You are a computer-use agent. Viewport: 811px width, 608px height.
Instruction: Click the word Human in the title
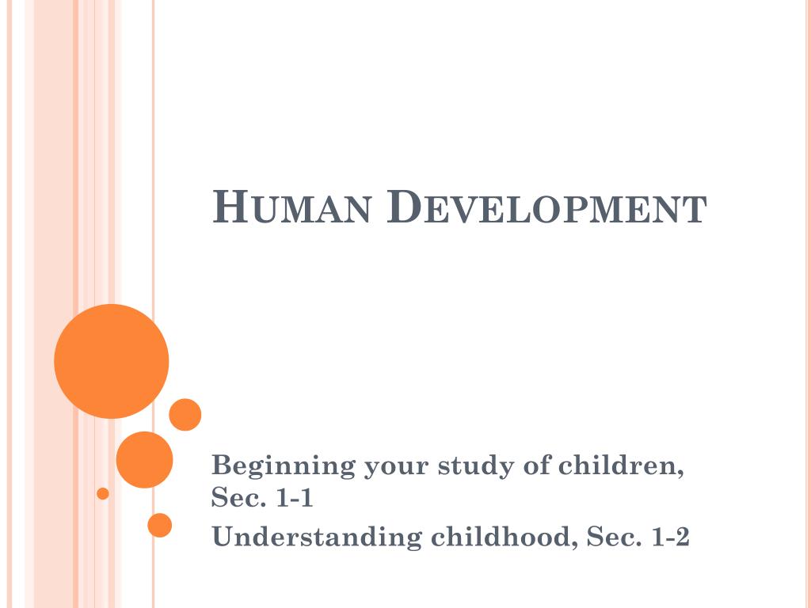pos(292,208)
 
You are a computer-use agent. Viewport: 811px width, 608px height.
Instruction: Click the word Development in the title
pos(547,208)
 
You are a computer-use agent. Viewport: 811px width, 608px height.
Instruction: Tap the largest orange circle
pos(112,361)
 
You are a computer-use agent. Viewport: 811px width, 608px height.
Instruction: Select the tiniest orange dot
pos(103,493)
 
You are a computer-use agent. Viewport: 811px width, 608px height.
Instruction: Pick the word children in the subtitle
pos(621,465)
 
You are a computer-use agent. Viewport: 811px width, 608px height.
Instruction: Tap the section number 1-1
pos(297,499)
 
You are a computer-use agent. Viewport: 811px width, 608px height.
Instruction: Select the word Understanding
pos(317,537)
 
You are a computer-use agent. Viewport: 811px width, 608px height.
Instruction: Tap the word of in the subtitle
pos(537,465)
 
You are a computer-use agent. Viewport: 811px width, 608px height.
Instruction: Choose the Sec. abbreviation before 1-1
pos(236,499)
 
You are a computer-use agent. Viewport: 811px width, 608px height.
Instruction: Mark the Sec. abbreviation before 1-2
pos(611,537)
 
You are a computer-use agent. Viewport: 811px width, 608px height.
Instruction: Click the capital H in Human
pos(227,207)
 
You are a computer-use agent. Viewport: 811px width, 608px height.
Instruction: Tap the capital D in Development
pos(405,207)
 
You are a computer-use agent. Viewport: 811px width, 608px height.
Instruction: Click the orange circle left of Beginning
pos(144,459)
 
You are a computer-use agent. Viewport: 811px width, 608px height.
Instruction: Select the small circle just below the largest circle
pos(185,415)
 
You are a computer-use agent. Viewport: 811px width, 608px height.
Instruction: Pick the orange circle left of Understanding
pos(160,525)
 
